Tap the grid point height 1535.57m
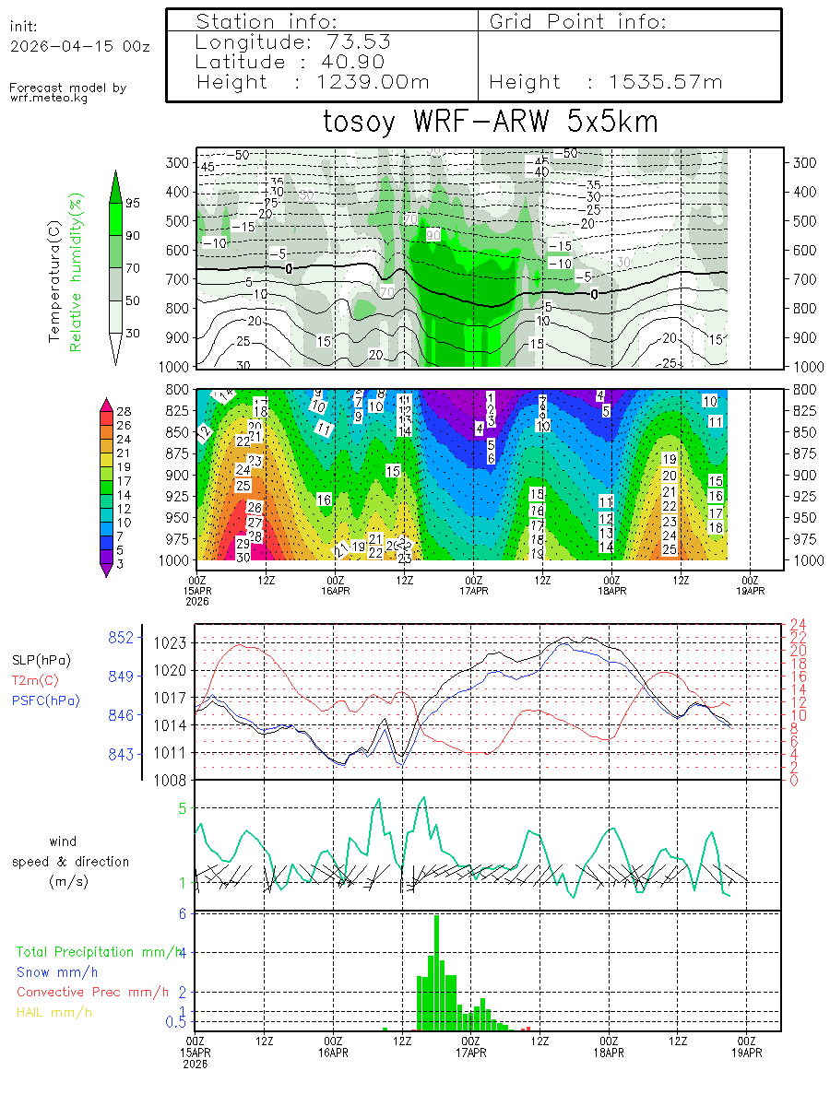[x=666, y=82]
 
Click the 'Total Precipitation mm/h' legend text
[x=100, y=951]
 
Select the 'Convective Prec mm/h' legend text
[x=92, y=992]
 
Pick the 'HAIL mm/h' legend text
[x=54, y=1012]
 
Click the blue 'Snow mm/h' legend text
[x=57, y=971]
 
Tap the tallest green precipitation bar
[x=436, y=972]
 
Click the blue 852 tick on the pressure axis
[x=122, y=637]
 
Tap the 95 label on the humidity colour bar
[x=133, y=203]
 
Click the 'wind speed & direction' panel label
[x=70, y=861]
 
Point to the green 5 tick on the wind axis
[x=183, y=808]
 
